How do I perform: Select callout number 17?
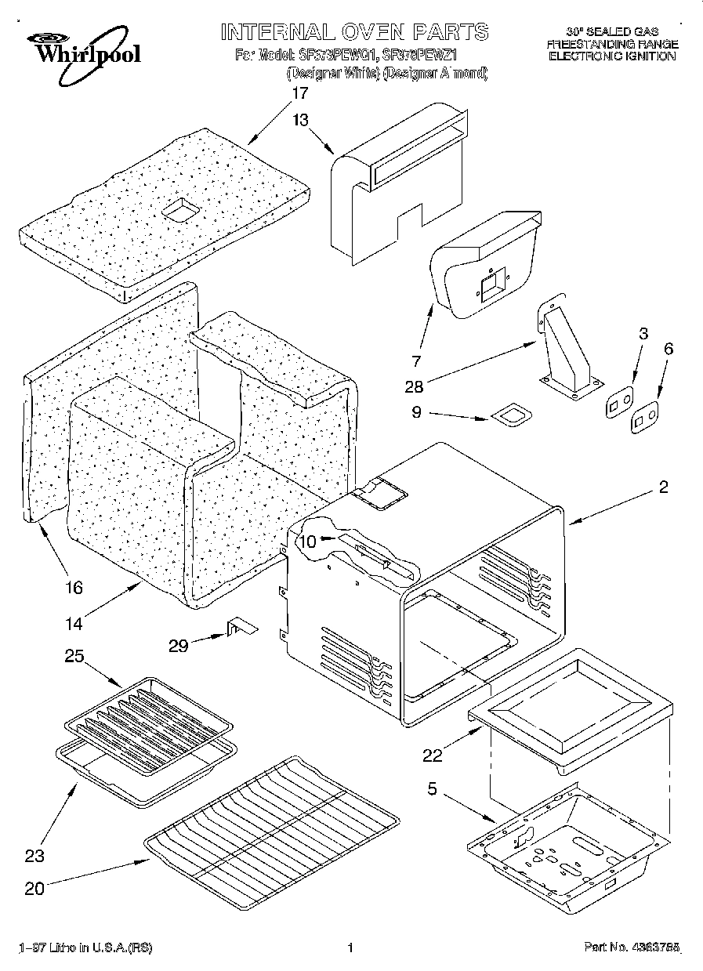(x=300, y=92)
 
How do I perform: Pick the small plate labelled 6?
(x=644, y=418)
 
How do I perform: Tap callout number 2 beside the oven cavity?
(x=663, y=487)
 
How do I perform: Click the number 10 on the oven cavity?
(x=307, y=540)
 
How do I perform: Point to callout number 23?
(x=34, y=856)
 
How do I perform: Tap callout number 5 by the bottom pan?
(x=431, y=790)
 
